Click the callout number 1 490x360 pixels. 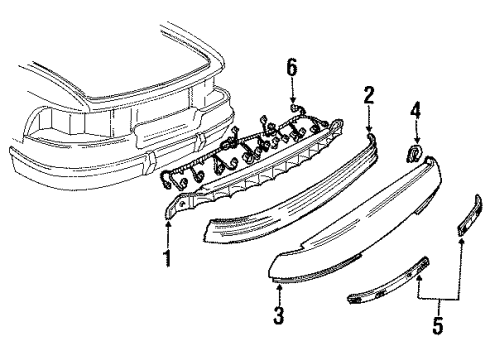point(168,259)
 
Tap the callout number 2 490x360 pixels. point(369,95)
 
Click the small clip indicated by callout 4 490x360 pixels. point(412,154)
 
